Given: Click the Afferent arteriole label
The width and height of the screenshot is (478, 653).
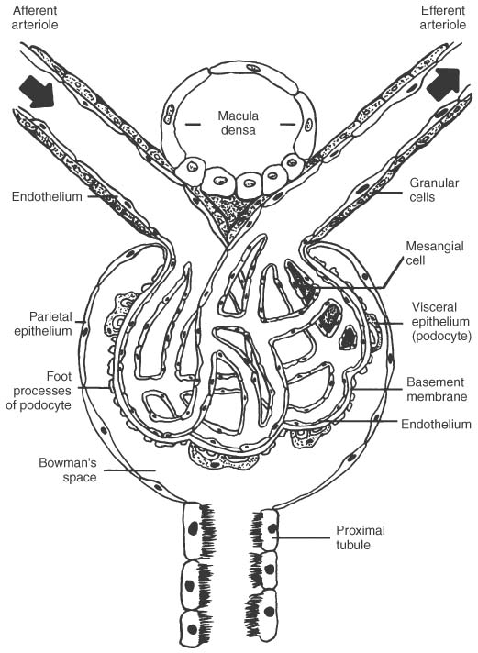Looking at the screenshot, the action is tap(35, 17).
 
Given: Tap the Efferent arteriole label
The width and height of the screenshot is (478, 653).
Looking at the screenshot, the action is tap(442, 17).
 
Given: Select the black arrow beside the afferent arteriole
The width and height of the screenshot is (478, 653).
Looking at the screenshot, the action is tap(38, 92).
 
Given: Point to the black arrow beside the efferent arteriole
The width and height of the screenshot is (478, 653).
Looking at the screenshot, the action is tap(444, 84).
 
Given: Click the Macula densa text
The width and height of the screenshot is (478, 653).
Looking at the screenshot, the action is tap(238, 123).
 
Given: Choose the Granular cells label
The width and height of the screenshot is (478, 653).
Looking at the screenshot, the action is tap(434, 190).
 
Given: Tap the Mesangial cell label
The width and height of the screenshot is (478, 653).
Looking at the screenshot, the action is tap(435, 253).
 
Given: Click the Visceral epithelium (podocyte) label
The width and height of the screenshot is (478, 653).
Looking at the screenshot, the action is tap(441, 322).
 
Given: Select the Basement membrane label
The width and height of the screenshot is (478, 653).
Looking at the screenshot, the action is tap(437, 389).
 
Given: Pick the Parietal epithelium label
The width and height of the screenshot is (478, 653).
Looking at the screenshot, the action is tap(43, 324).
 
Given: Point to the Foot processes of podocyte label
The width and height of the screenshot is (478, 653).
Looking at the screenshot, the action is tap(39, 391).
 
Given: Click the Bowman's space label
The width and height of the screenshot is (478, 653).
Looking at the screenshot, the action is tap(68, 470).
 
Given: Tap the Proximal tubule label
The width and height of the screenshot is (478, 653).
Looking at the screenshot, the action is tap(361, 537).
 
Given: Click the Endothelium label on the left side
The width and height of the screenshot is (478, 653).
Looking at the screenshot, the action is tap(47, 196).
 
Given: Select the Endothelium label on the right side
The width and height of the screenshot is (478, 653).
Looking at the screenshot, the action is tap(436, 424).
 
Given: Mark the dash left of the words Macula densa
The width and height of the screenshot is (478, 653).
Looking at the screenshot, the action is tap(193, 124).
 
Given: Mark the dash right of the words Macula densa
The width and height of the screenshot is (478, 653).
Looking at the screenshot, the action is tap(287, 124).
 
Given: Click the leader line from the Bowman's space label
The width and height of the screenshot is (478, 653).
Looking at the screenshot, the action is tap(129, 470).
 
